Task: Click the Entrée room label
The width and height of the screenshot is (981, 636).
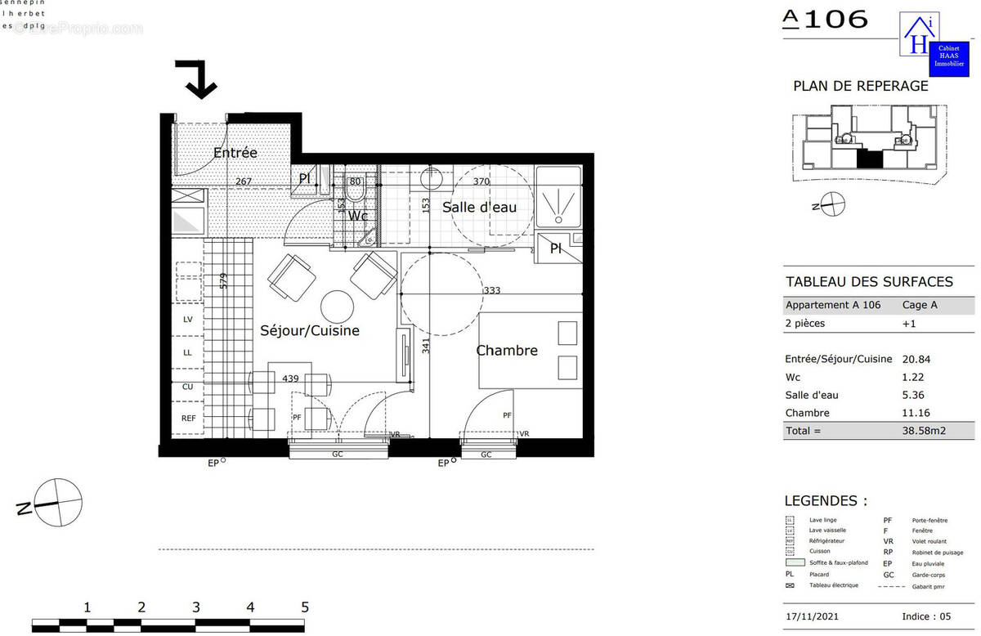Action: (235, 153)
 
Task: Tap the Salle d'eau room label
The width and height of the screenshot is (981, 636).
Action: (479, 208)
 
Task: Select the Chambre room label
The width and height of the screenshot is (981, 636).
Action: (507, 351)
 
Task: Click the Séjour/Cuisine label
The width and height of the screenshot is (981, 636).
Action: (310, 331)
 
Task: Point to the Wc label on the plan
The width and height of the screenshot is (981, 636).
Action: (357, 216)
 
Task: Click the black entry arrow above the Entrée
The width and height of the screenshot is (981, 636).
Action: (199, 78)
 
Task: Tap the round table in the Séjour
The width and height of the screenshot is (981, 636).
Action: (336, 307)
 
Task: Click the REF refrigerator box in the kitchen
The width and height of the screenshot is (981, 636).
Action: (188, 418)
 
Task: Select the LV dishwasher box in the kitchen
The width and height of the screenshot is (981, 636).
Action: (188, 320)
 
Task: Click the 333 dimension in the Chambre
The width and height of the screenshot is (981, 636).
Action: (491, 290)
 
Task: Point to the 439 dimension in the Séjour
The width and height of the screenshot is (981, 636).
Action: (290, 378)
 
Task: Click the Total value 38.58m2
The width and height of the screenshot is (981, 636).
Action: (923, 431)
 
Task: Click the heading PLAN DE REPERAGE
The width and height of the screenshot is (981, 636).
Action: (860, 86)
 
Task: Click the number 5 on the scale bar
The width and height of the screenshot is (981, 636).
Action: (305, 607)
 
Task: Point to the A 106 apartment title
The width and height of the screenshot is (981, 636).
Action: (826, 20)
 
